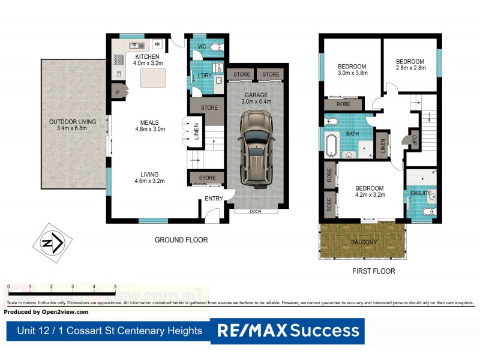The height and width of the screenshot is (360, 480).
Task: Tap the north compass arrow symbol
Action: pos(52,242)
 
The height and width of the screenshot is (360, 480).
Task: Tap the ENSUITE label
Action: pos(420,193)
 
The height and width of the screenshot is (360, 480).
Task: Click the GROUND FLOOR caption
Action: pos(181,240)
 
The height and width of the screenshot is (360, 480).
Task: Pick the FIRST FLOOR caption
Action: pos(374,271)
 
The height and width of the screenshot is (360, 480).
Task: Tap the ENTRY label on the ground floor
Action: pos(214,199)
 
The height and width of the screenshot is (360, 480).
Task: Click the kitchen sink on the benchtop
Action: pos(135,45)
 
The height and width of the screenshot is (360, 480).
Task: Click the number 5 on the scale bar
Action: pos(115,287)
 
